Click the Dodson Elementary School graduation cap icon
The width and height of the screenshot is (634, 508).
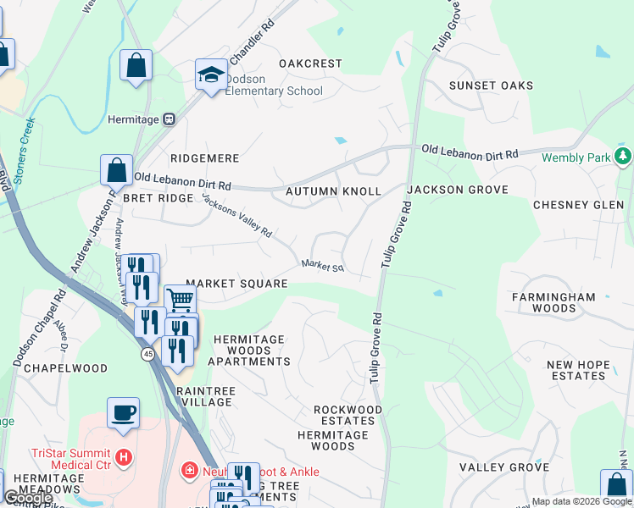click(209, 74)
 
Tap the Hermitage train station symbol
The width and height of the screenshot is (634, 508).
click(170, 120)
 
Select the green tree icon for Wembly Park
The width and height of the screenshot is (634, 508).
click(624, 157)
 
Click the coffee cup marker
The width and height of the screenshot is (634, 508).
click(124, 411)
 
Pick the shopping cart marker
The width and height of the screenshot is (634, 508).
click(180, 299)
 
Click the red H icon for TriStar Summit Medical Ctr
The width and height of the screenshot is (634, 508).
click(125, 458)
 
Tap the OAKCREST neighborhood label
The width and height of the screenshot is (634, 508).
click(310, 63)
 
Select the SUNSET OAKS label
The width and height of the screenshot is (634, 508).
click(491, 86)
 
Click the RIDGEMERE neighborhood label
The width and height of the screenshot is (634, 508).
click(204, 158)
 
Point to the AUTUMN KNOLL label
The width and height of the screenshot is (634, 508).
click(333, 191)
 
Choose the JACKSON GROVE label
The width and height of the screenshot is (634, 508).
click(457, 190)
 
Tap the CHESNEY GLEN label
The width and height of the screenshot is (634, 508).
click(578, 205)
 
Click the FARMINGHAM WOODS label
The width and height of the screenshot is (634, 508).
click(553, 302)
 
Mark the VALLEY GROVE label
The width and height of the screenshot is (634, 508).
click(504, 467)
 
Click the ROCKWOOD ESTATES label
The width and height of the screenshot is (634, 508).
click(348, 415)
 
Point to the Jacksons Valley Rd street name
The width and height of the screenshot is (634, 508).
click(237, 216)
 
